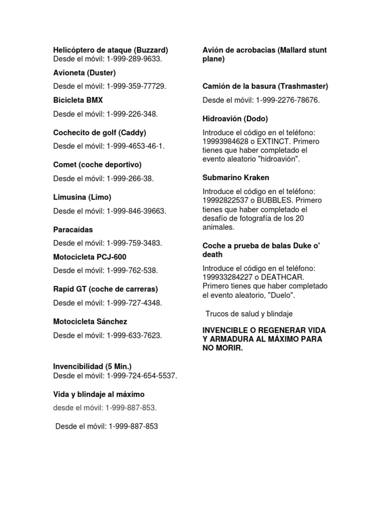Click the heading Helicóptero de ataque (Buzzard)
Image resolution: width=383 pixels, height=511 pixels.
pos(110,50)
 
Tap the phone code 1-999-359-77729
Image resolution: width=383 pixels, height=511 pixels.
pos(136,86)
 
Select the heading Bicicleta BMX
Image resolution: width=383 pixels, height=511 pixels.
pos(78,100)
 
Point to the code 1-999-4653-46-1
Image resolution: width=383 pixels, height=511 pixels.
pos(135,146)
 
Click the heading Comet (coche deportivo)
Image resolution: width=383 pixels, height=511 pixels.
pos(97,165)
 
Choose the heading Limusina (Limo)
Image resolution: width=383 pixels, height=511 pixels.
pos(82,197)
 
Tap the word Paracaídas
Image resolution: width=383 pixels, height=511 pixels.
pos(73,230)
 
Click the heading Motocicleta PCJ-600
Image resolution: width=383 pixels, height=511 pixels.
pos(90,257)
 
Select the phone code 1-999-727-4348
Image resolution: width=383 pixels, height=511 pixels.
pos(134,303)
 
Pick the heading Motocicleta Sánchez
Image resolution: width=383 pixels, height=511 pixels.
pos(90,322)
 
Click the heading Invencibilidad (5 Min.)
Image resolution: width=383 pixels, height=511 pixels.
pos(92,367)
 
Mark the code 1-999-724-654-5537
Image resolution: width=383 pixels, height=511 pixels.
pos(142,376)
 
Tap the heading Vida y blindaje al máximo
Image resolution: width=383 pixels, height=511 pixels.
pos(99,395)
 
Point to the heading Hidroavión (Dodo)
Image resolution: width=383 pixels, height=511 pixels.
pos(235,119)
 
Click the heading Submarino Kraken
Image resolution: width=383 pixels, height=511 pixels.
pos(236,178)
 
